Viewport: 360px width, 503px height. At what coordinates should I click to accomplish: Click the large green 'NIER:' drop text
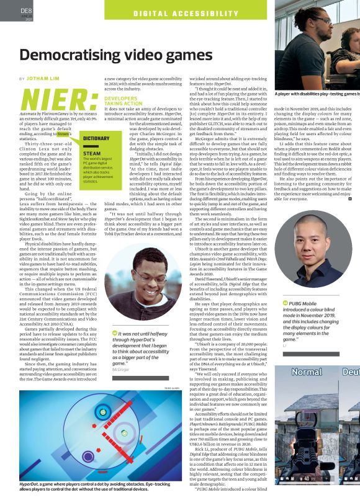(58, 100)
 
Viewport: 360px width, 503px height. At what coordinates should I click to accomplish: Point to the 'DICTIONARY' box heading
(79, 139)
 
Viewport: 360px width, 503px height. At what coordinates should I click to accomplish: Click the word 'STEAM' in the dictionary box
(74, 153)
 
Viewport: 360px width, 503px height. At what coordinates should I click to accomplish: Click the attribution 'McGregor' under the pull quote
(121, 369)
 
